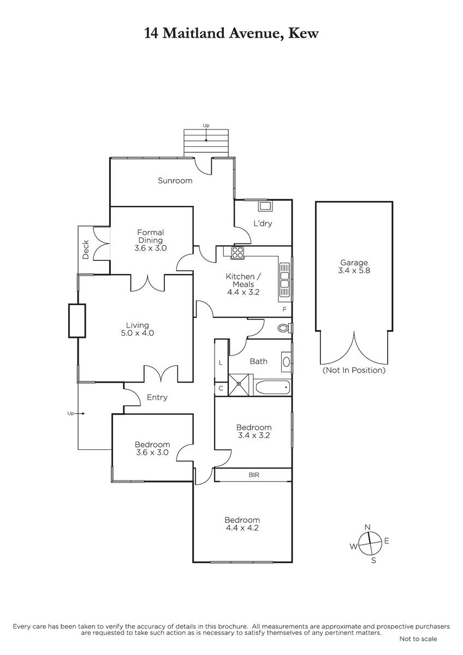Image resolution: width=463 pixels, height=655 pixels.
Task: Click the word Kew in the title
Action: pyautogui.click(x=304, y=33)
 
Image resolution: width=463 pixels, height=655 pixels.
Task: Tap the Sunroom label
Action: pyautogui.click(x=175, y=181)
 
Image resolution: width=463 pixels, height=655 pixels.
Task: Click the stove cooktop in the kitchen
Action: pyautogui.click(x=237, y=253)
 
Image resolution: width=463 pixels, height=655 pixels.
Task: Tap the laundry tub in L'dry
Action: pyautogui.click(x=265, y=206)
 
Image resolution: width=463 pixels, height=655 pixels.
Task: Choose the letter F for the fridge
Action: pyautogui.click(x=284, y=309)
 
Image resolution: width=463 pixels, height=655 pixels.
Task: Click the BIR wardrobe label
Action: pyautogui.click(x=253, y=475)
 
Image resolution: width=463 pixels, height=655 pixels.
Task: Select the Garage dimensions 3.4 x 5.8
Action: pyautogui.click(x=354, y=271)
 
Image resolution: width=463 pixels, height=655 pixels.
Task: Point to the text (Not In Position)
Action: pyautogui.click(x=354, y=370)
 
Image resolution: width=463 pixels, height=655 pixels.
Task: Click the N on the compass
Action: pyautogui.click(x=367, y=527)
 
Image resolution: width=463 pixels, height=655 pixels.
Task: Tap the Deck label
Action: pyautogui.click(x=86, y=250)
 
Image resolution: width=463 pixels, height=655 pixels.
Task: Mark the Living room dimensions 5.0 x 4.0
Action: pyautogui.click(x=138, y=333)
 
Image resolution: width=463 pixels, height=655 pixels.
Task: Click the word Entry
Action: pyautogui.click(x=157, y=397)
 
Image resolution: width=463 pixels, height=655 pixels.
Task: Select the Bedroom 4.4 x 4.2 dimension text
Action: pyautogui.click(x=242, y=528)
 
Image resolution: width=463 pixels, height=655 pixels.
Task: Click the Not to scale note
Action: pyautogui.click(x=418, y=639)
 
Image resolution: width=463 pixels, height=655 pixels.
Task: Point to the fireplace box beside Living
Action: pyautogui.click(x=77, y=321)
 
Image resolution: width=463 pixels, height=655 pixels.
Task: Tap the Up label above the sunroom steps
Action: pyautogui.click(x=206, y=126)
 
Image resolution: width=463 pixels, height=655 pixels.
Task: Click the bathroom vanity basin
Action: pyautogui.click(x=286, y=362)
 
